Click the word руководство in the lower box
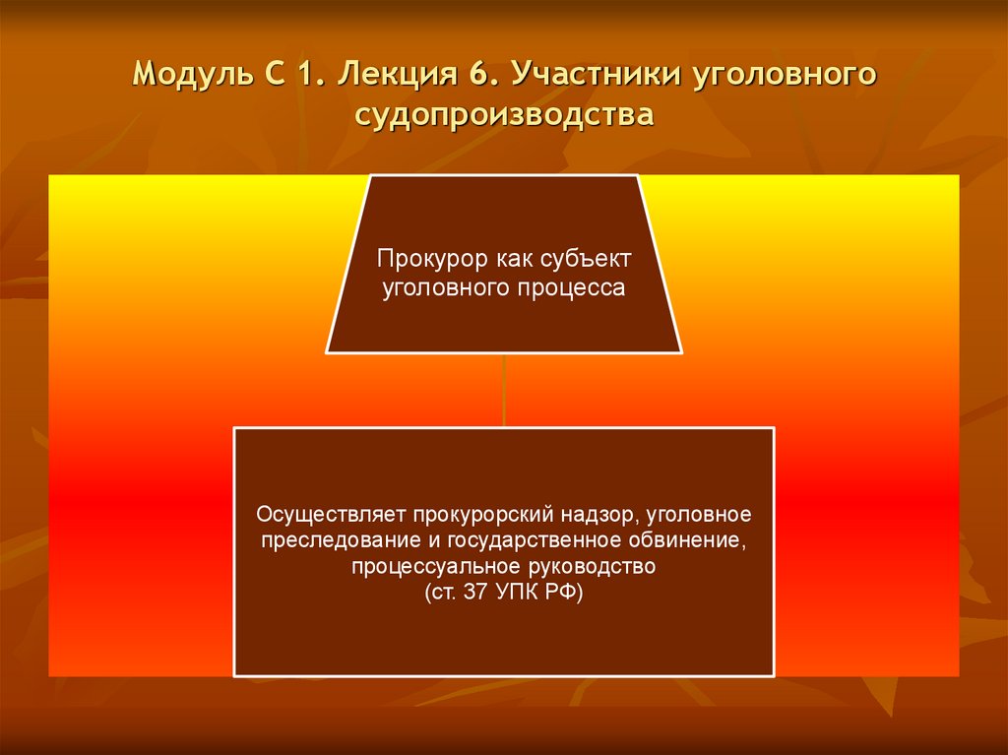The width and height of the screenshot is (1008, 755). coord(580,567)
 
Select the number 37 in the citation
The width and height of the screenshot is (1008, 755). coord(469,594)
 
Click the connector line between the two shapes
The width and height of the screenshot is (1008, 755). coord(504,390)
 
